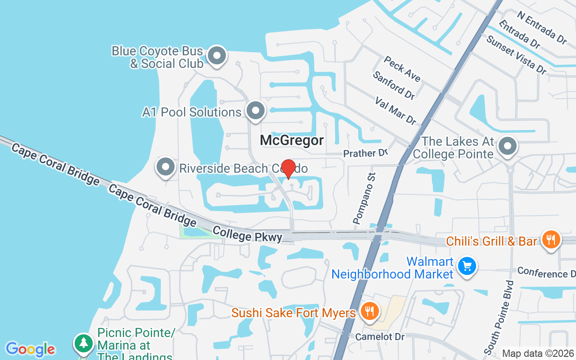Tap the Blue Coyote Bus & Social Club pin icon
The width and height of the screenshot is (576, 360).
click(x=217, y=56)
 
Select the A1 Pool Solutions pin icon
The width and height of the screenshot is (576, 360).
click(x=255, y=110)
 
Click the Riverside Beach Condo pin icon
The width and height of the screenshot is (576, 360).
click(x=166, y=167)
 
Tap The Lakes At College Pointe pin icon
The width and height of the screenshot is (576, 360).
click(x=508, y=146)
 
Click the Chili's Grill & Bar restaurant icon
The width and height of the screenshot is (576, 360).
click(x=550, y=239)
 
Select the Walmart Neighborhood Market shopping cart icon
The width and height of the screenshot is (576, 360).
click(x=467, y=266)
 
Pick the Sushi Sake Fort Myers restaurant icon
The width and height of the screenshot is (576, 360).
click(x=369, y=311)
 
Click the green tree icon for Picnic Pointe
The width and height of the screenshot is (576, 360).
click(x=83, y=343)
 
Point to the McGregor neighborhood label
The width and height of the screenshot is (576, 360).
click(x=292, y=140)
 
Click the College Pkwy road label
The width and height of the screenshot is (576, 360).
click(x=247, y=234)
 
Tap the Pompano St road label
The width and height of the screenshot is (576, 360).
click(x=364, y=198)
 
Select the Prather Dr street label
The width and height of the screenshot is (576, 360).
click(x=365, y=153)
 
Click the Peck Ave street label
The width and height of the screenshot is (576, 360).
click(x=402, y=69)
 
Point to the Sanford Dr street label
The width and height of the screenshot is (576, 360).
click(x=393, y=85)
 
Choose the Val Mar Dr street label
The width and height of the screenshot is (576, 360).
click(x=396, y=110)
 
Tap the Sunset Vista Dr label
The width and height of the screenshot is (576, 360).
click(x=516, y=55)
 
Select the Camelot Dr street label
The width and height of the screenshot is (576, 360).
click(x=373, y=337)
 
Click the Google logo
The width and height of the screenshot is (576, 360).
click(x=30, y=349)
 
